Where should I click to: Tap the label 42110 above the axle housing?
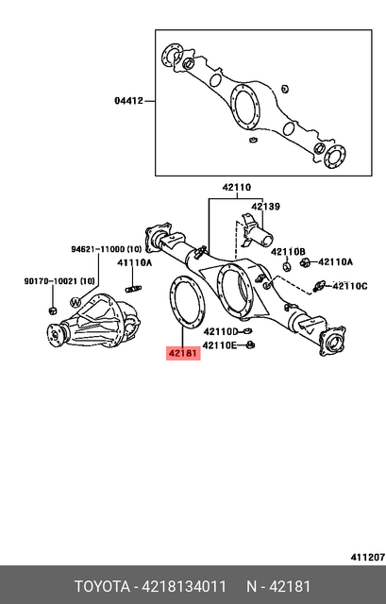[x=237, y=188]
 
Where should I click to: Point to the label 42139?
[x=265, y=207]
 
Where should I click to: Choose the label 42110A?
[x=335, y=261]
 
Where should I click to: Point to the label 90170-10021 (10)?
[x=59, y=281]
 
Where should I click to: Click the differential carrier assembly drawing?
[x=95, y=319]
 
